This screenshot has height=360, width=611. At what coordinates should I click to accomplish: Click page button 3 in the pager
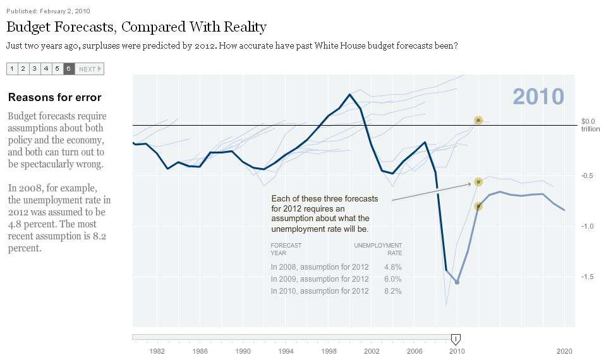click(x=34, y=69)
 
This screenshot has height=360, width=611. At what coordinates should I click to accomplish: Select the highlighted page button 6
click(x=68, y=69)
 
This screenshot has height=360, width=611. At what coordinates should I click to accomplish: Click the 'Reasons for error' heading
click(x=54, y=97)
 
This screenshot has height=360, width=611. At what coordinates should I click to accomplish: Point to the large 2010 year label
click(x=538, y=96)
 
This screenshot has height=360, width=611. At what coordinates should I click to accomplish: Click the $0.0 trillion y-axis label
click(x=588, y=124)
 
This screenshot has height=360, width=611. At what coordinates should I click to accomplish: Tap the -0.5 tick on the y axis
click(x=588, y=176)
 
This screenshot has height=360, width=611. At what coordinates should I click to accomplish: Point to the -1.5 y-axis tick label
click(x=588, y=277)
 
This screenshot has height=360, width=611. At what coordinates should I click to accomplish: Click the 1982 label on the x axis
click(x=157, y=351)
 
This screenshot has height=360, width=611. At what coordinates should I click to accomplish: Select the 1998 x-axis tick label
click(x=329, y=351)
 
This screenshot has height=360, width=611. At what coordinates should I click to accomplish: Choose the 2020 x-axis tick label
click(x=564, y=351)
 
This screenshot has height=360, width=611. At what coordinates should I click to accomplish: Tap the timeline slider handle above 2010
click(x=456, y=339)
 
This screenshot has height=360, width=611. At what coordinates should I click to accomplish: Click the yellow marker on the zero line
click(x=478, y=120)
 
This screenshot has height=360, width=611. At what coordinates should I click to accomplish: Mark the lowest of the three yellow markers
click(x=478, y=206)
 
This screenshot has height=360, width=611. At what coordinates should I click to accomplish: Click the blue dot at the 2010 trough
click(x=457, y=282)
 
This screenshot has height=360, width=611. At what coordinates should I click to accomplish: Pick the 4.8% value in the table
click(x=392, y=267)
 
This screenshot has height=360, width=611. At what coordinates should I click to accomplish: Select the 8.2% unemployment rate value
click(x=392, y=291)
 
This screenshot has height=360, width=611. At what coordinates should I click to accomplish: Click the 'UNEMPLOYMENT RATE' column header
click(x=377, y=249)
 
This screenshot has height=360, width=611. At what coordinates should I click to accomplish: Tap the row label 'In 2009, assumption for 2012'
click(x=319, y=279)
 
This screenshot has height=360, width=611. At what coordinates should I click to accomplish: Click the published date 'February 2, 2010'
click(x=64, y=11)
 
